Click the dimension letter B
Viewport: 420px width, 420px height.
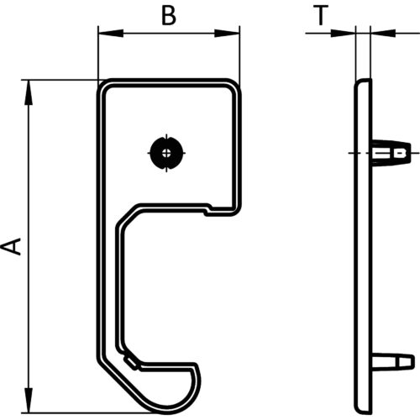[x=169, y=15]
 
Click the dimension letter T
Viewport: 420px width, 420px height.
[x=320, y=15]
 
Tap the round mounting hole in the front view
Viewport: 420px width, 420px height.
[x=167, y=153]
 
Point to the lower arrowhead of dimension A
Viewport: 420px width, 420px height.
[x=29, y=400]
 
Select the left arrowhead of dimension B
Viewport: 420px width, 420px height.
[x=111, y=33]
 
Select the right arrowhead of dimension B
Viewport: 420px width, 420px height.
[x=227, y=33]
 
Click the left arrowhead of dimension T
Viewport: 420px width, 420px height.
[x=343, y=33]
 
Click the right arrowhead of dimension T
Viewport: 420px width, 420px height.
[x=383, y=33]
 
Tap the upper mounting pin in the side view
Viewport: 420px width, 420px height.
[x=391, y=154]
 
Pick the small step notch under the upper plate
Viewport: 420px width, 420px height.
[x=208, y=210]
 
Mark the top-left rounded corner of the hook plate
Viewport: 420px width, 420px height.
[x=103, y=86]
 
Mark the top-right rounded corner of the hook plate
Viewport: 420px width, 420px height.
[x=234, y=86]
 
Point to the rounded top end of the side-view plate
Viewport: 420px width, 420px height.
[x=363, y=83]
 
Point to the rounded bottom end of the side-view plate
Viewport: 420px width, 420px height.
[x=363, y=409]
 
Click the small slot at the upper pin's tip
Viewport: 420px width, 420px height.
[x=400, y=153]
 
